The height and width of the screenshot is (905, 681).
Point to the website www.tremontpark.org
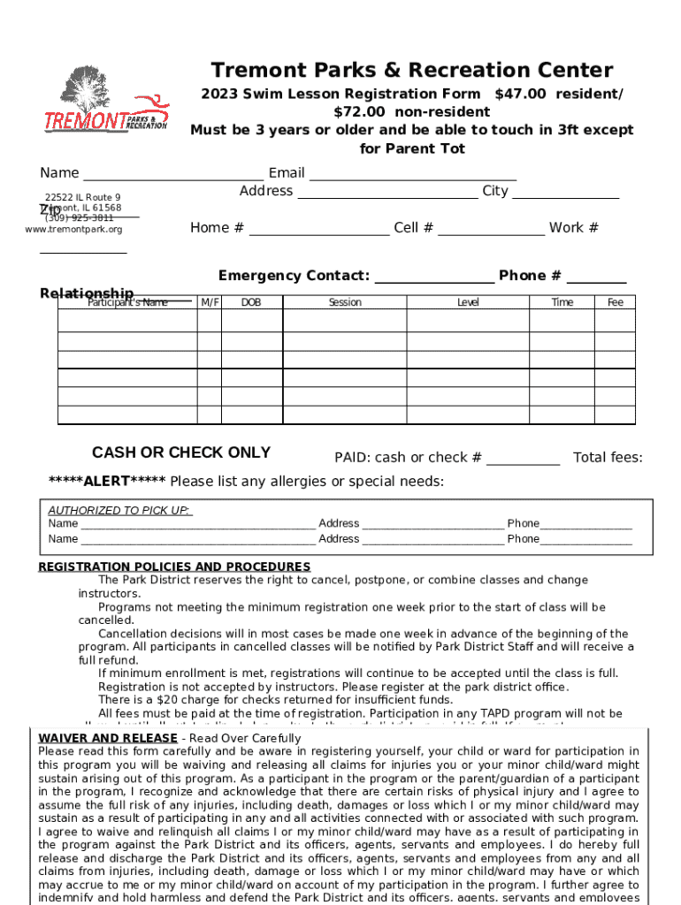point(74,230)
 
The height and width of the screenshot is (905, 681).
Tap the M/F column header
point(210,302)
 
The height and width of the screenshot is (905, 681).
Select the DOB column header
point(251,302)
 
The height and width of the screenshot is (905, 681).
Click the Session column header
point(345,302)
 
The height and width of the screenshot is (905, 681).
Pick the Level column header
point(468,302)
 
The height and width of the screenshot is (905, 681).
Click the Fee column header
point(616,302)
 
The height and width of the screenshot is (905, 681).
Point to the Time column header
point(562,302)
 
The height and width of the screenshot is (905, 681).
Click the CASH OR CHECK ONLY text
point(181,452)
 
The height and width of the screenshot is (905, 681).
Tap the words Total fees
point(608,458)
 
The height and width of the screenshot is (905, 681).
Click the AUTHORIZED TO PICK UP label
point(119,511)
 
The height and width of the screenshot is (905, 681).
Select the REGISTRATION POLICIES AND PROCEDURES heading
point(174,567)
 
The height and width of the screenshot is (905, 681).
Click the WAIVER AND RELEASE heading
point(108,738)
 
